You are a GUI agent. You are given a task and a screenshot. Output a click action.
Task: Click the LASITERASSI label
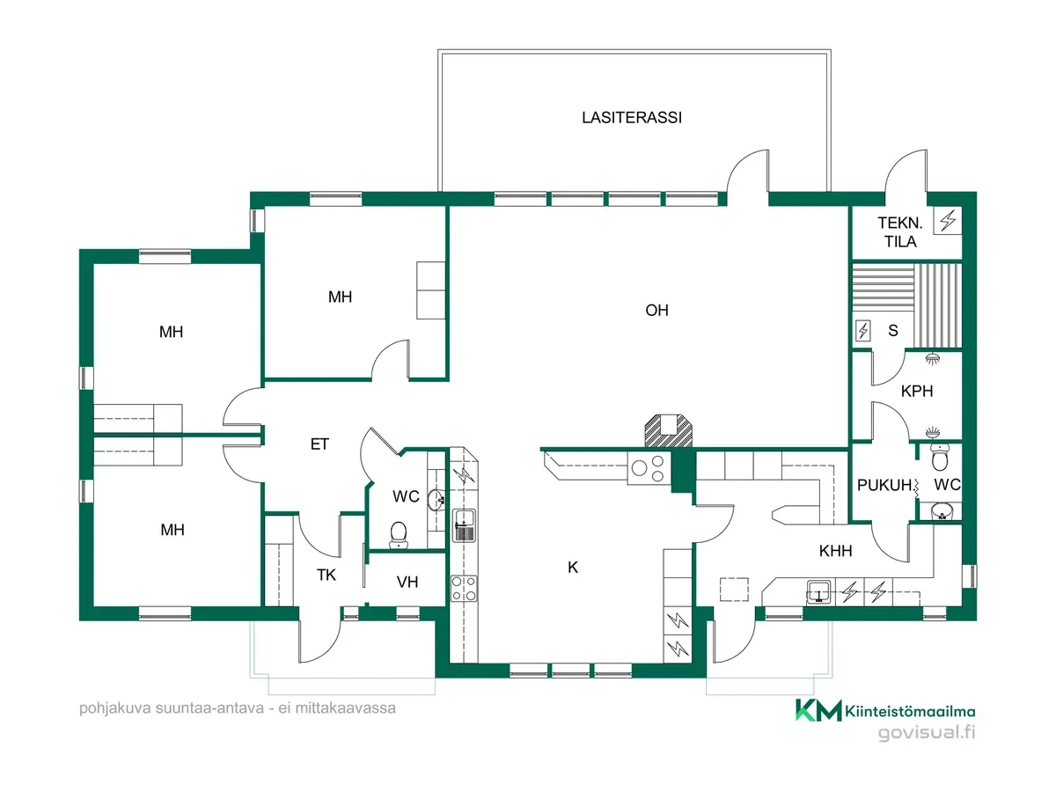(x=631, y=118)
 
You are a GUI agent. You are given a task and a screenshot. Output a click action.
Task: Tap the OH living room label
(x=656, y=310)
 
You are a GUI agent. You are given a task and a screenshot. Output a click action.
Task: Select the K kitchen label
(x=573, y=568)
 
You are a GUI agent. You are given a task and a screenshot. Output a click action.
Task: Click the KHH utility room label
(x=835, y=551)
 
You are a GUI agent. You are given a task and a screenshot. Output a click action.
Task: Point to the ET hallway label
(x=319, y=444)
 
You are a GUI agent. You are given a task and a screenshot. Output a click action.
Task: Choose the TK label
(x=326, y=575)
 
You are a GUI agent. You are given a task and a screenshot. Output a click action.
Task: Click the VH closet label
(x=407, y=582)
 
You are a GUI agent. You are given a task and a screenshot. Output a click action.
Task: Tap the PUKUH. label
(x=884, y=485)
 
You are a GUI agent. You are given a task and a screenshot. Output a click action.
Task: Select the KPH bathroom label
(x=916, y=391)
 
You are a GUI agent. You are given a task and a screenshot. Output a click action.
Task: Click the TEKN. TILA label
(x=899, y=231)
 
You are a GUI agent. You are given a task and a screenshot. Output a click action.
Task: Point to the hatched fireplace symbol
(x=668, y=430)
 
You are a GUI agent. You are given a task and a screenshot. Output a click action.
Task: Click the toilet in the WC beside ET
(x=399, y=535)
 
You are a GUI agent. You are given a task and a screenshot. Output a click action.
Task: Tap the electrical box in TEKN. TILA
(x=947, y=221)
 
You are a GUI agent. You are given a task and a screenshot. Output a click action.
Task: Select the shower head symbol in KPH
(x=932, y=359)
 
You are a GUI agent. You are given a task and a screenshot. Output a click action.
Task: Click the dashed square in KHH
(x=734, y=590)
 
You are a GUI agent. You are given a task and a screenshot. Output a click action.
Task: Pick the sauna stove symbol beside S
(x=863, y=331)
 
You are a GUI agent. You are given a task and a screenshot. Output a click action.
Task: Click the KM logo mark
(x=818, y=710)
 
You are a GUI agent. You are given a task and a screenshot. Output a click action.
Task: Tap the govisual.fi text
(x=927, y=732)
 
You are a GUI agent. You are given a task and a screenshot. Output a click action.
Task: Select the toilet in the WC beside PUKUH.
(x=939, y=457)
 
